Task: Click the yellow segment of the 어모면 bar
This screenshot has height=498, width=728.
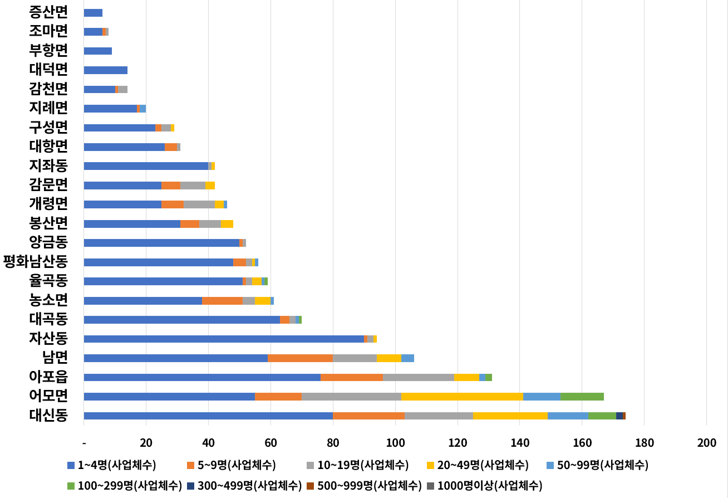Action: pyautogui.click(x=463, y=397)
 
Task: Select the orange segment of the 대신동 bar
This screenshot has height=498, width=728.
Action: pyautogui.click(x=368, y=416)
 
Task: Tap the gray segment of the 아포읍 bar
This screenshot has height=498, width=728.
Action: pyautogui.click(x=419, y=377)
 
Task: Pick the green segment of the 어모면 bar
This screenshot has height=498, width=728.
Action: pyautogui.click(x=582, y=397)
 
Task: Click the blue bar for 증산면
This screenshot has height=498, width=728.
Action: pyautogui.click(x=93, y=13)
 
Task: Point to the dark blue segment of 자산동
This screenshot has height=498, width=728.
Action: pyautogui.click(x=223, y=339)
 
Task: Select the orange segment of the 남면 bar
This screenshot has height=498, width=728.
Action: pyautogui.click(x=300, y=358)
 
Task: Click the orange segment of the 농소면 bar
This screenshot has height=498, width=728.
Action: pyautogui.click(x=222, y=301)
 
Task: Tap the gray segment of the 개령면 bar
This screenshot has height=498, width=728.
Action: pyautogui.click(x=199, y=204)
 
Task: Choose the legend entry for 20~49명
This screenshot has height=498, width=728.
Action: pyautogui.click(x=476, y=465)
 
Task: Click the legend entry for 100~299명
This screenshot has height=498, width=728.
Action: pyautogui.click(x=125, y=485)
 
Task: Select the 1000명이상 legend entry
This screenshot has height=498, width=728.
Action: pyautogui.click(x=484, y=485)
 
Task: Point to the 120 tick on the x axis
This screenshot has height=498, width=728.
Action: pyautogui.click(x=458, y=443)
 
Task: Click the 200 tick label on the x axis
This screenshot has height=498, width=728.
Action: pyautogui.click(x=706, y=443)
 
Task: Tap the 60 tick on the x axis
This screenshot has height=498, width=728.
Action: pyautogui.click(x=270, y=443)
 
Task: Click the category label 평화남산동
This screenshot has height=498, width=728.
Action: pyautogui.click(x=36, y=262)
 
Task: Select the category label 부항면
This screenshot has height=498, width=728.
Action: pyautogui.click(x=48, y=51)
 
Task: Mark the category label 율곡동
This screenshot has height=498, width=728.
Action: pyautogui.click(x=48, y=281)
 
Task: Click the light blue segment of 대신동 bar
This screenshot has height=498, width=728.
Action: pyautogui.click(x=568, y=416)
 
